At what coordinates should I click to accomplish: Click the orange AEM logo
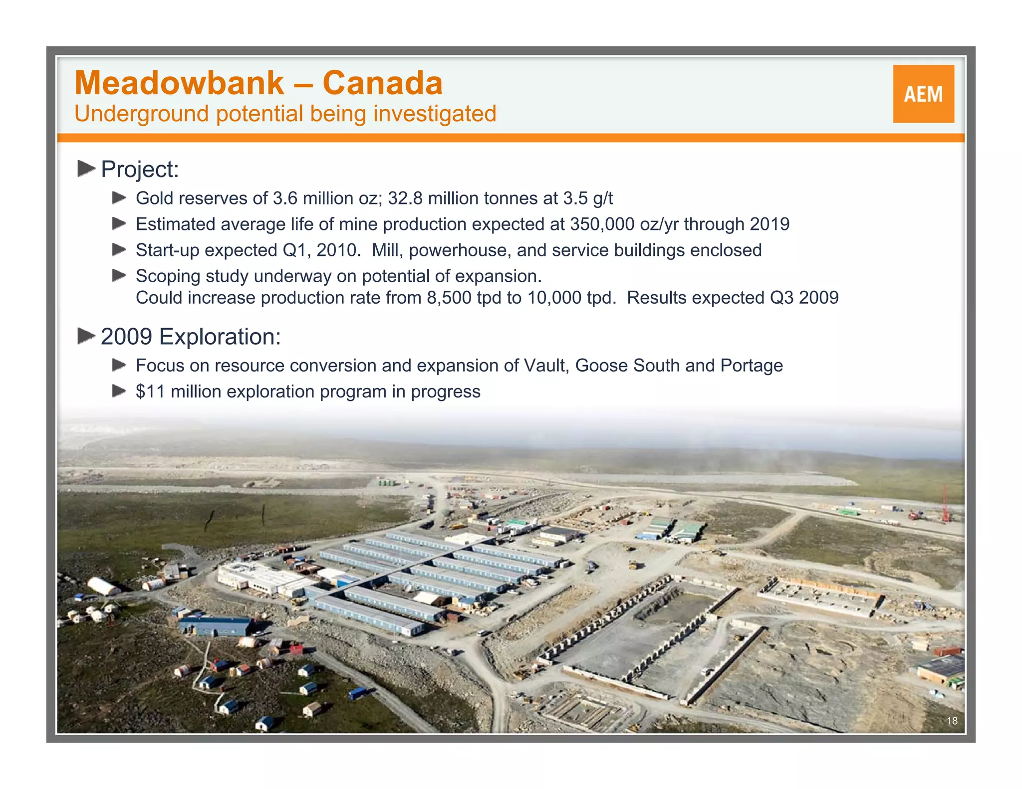(x=923, y=94)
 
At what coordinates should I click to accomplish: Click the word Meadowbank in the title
(x=179, y=83)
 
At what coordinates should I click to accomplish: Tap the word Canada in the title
(x=383, y=83)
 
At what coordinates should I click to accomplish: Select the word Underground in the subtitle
(x=141, y=114)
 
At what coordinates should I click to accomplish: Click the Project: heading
(x=140, y=170)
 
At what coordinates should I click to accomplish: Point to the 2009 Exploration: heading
(x=191, y=337)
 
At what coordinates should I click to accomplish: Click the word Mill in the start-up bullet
(x=385, y=250)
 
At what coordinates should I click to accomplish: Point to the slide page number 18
(x=952, y=721)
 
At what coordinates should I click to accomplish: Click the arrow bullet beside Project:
(x=86, y=169)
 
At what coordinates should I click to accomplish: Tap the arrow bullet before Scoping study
(x=119, y=276)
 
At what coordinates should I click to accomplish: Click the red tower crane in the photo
(x=945, y=504)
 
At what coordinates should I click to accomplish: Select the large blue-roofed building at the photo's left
(x=215, y=625)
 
